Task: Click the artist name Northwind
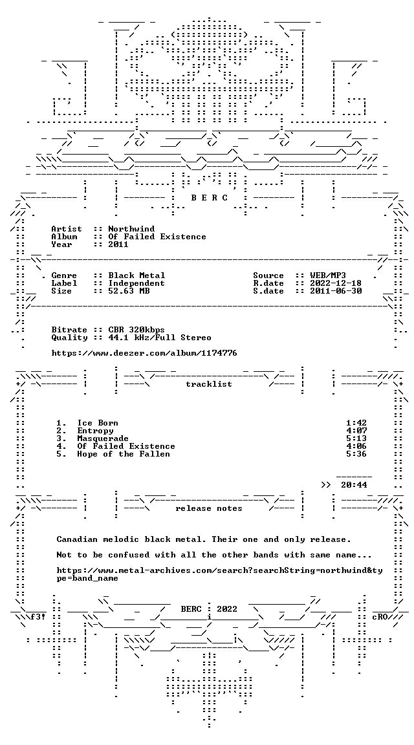[131, 229]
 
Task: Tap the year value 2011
[118, 244]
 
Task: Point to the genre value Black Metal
[136, 275]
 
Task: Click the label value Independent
[136, 283]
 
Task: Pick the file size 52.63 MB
[129, 291]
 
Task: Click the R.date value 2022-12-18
[336, 283]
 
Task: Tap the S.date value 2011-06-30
[336, 291]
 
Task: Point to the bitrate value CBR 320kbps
[136, 330]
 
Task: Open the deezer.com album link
[144, 353]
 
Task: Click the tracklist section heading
[209, 384]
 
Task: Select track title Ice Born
[98, 423]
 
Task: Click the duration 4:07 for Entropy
[356, 431]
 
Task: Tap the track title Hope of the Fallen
[124, 454]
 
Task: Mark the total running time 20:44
[354, 484]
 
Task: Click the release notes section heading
[209, 508]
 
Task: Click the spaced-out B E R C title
[209, 198]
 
